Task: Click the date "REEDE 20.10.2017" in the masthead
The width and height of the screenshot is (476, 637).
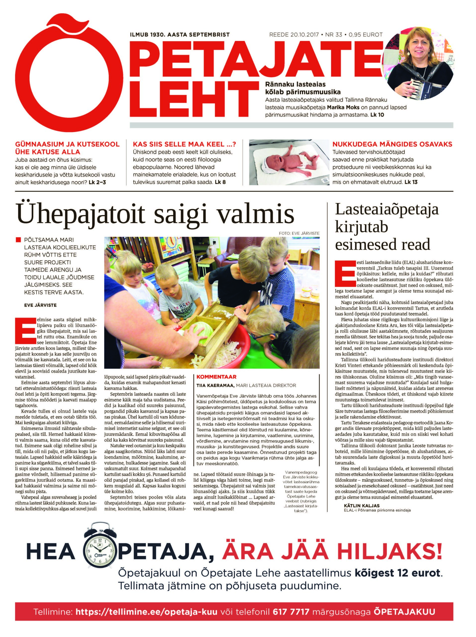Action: [293, 35]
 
